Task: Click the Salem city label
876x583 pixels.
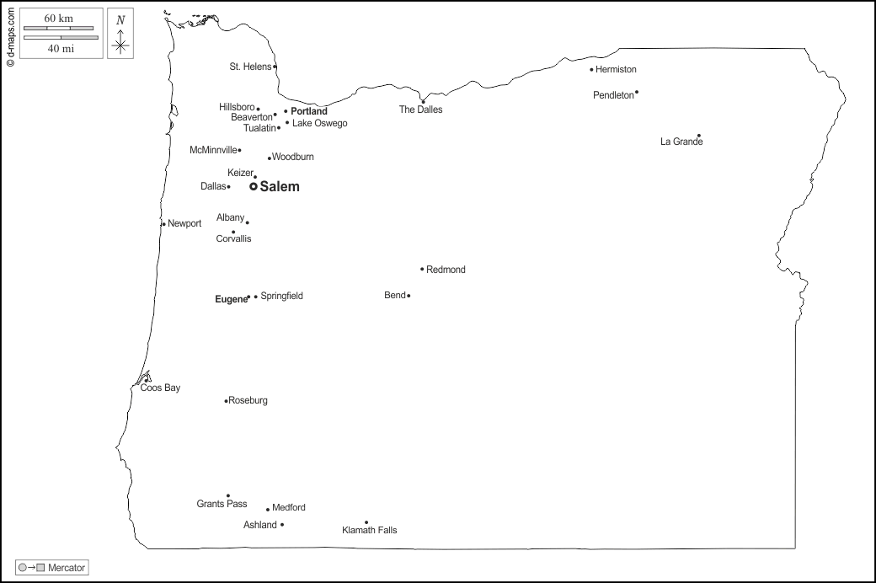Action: [x=280, y=187]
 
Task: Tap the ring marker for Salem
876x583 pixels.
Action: [x=253, y=186]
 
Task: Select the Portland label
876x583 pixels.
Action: [x=309, y=111]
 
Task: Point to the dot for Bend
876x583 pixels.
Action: [x=409, y=296]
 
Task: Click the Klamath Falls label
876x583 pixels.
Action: [x=369, y=531]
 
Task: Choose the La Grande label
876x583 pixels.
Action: [x=681, y=142]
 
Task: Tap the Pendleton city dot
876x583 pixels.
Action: [x=637, y=93]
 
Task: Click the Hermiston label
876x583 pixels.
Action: [x=616, y=70]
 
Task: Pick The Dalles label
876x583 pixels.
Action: [x=420, y=110]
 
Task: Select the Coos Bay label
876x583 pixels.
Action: [x=160, y=388]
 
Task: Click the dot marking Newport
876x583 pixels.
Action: [x=163, y=224]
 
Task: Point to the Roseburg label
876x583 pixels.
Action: [x=248, y=401]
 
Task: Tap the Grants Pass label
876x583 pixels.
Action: [x=222, y=505]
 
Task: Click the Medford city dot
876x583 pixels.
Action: [x=268, y=509]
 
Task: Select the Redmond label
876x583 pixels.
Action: [x=446, y=270]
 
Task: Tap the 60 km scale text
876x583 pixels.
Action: [x=59, y=19]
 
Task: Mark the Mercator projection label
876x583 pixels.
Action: [x=67, y=569]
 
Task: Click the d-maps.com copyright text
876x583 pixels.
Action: [x=10, y=35]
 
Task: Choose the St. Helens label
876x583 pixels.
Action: [x=250, y=67]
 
